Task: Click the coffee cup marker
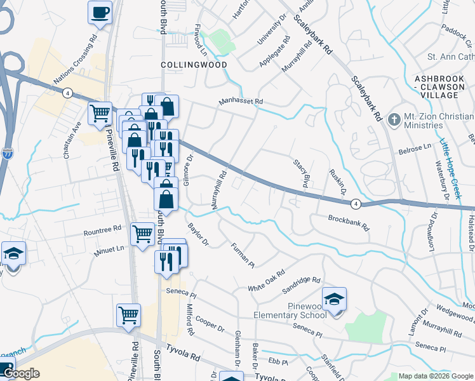[x=100, y=13]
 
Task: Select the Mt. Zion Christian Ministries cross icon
[x=394, y=119]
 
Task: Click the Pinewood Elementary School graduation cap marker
[x=334, y=298]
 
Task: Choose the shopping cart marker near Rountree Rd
[x=142, y=234]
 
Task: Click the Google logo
[x=21, y=374]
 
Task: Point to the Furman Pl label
[x=242, y=255]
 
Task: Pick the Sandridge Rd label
[x=302, y=281]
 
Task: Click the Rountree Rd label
[x=102, y=231]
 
